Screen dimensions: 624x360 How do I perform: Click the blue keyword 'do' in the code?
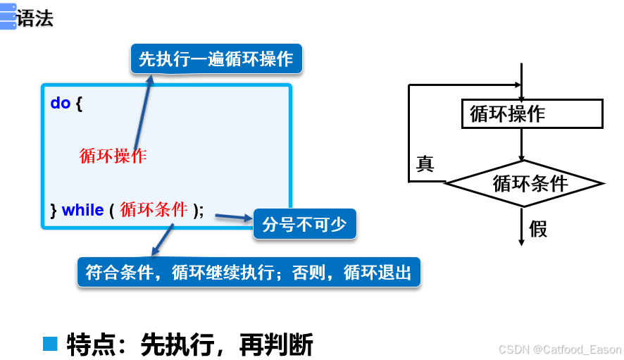(60, 104)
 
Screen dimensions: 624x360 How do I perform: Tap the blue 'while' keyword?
(82, 210)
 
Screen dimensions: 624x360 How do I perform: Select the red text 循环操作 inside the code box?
(113, 156)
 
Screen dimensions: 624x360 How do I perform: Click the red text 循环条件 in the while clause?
(154, 209)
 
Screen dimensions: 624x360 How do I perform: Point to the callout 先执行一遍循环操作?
(216, 59)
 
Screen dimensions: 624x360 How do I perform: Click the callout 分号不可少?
(304, 224)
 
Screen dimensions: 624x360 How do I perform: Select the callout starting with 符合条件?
(248, 273)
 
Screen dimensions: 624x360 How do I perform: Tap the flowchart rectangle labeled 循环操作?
(532, 114)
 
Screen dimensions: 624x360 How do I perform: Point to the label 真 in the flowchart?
(425, 165)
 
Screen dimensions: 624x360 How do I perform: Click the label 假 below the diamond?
(538, 229)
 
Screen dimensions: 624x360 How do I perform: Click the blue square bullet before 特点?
(49, 344)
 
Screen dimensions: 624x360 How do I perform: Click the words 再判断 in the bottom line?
(276, 345)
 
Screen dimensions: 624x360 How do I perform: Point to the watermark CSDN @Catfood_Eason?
(559, 349)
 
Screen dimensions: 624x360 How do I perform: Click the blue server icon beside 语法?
(8, 17)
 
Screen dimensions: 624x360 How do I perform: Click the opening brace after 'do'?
(79, 104)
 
